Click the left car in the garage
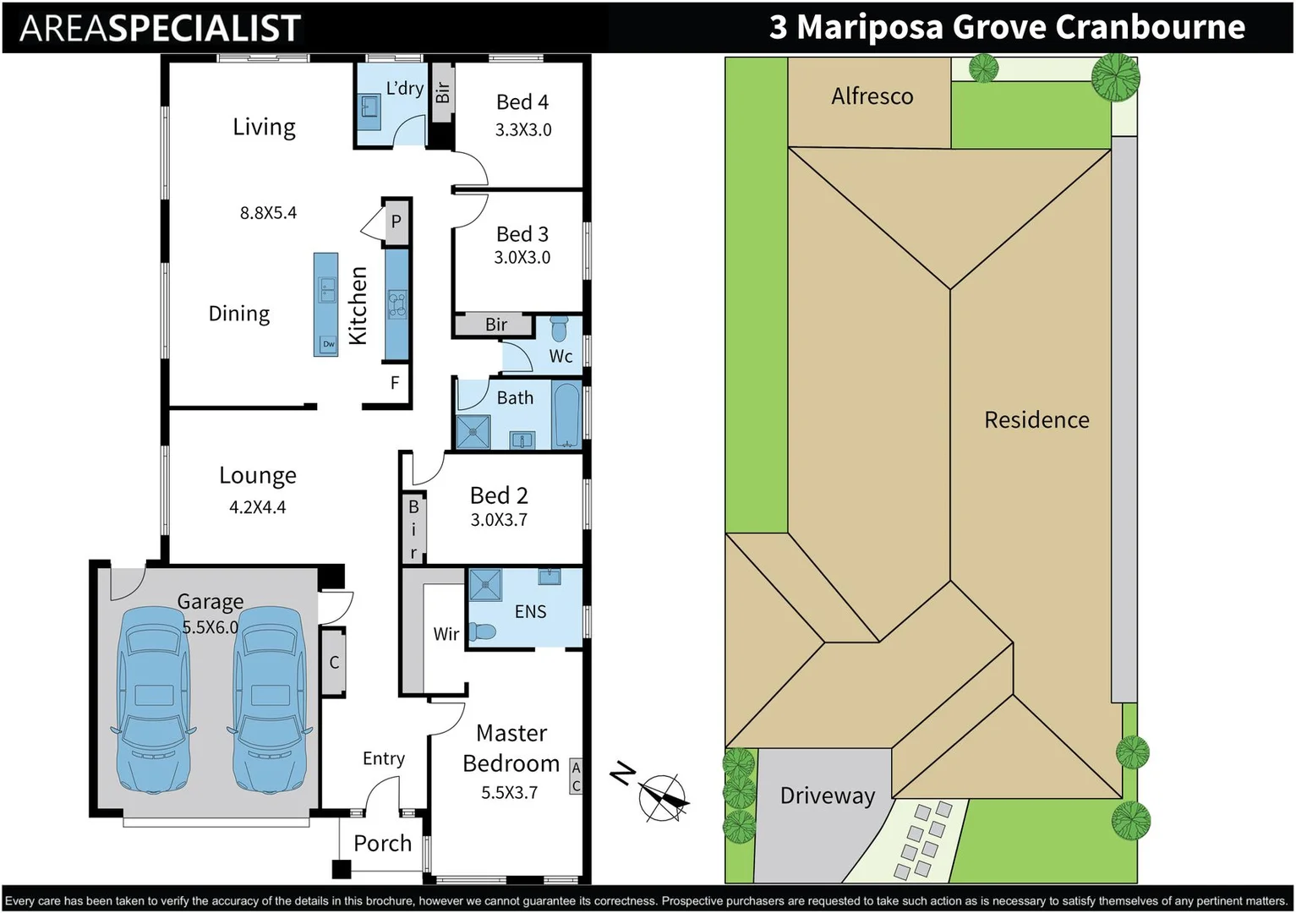click(152, 700)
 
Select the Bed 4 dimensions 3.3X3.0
click(523, 130)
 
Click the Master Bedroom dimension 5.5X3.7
click(509, 793)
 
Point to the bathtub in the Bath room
click(566, 415)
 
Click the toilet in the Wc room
click(559, 328)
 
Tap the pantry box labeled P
click(396, 222)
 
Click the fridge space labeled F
click(395, 384)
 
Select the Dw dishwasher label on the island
click(328, 344)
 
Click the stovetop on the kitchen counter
click(396, 303)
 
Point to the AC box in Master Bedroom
click(576, 777)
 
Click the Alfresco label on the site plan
click(872, 97)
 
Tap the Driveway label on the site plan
click(827, 796)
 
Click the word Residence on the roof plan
click(1036, 420)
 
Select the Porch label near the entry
click(382, 844)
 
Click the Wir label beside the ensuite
click(446, 634)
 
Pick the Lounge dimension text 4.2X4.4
click(257, 508)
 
